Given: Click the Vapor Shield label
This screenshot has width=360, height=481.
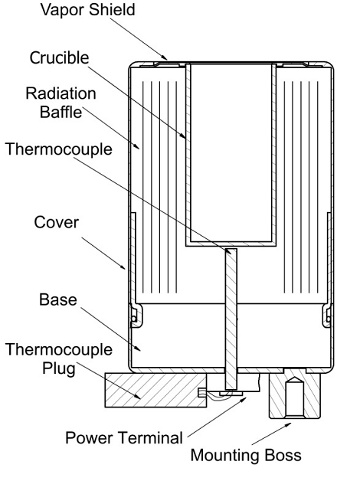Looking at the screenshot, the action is pyautogui.click(x=87, y=10).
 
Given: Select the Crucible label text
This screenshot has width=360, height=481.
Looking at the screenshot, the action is pyautogui.click(x=60, y=57).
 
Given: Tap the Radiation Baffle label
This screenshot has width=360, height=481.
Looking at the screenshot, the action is pyautogui.click(x=61, y=103).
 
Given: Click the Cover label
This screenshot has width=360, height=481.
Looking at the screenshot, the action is pyautogui.click(x=57, y=222).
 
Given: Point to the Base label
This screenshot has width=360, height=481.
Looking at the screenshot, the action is pyautogui.click(x=58, y=299).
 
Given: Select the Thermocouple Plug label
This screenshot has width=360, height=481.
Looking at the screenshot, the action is pyautogui.click(x=59, y=358).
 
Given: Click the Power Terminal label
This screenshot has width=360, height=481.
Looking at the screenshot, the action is pyautogui.click(x=124, y=437).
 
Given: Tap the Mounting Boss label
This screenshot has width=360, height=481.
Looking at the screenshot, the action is pyautogui.click(x=246, y=455).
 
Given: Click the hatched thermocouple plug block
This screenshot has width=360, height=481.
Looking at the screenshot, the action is pyautogui.click(x=155, y=390).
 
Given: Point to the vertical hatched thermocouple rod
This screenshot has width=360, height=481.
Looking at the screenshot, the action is pyautogui.click(x=231, y=319).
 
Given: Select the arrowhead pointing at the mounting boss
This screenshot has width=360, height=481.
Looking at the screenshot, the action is pyautogui.click(x=288, y=424).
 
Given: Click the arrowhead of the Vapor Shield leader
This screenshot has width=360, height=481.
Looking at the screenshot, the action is pyautogui.click(x=165, y=57).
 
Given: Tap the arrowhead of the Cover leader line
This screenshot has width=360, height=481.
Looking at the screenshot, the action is pyautogui.click(x=123, y=267).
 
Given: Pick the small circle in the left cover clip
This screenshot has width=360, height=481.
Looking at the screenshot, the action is pyautogui.click(x=134, y=319).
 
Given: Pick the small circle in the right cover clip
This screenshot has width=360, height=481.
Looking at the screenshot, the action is pyautogui.click(x=328, y=319).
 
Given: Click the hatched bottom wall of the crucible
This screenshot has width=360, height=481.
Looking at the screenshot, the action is pyautogui.click(x=231, y=244).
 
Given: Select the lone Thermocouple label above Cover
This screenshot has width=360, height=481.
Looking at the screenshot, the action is pyautogui.click(x=59, y=149).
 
